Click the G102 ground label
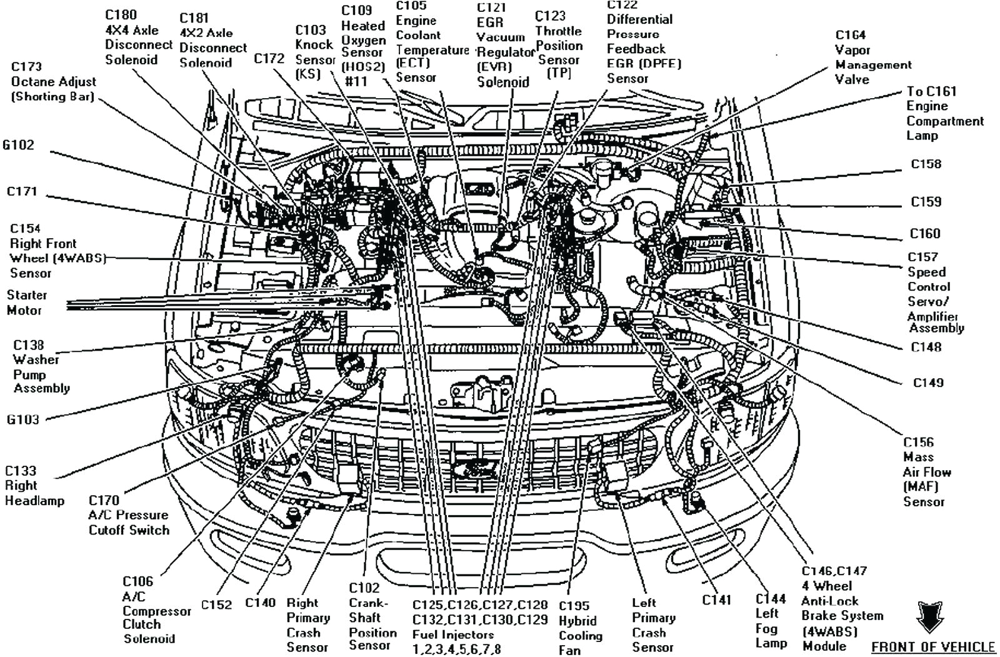pyautogui.click(x=18, y=145)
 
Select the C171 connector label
pyautogui.click(x=22, y=191)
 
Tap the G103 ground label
pyautogui.click(x=23, y=419)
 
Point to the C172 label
pyautogui.click(x=269, y=58)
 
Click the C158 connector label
pyautogui.click(x=926, y=164)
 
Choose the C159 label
pyautogui.click(x=926, y=202)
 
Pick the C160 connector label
pyautogui.click(x=925, y=233)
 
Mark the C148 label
pyautogui.click(x=926, y=346)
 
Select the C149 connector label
pyautogui.click(x=927, y=383)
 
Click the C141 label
pyautogui.click(x=716, y=599)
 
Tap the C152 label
pyautogui.click(x=216, y=604)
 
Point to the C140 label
pyautogui.click(x=260, y=603)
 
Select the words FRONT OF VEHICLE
pyautogui.click(x=932, y=647)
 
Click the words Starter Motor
pyautogui.click(x=26, y=303)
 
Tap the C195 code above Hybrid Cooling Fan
pyautogui.click(x=574, y=605)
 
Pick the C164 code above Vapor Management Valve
pyautogui.click(x=850, y=35)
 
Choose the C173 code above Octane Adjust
pyautogui.click(x=26, y=66)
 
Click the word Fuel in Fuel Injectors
pyautogui.click(x=425, y=634)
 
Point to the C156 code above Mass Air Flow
pyautogui.click(x=918, y=442)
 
